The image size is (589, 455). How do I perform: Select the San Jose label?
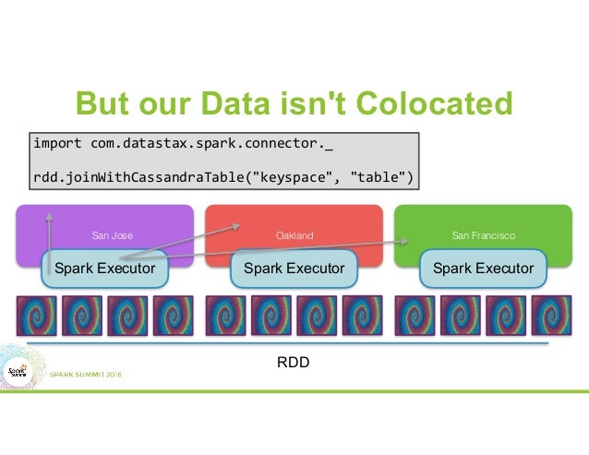pyautogui.click(x=112, y=235)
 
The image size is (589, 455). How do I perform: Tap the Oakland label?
pyautogui.click(x=294, y=235)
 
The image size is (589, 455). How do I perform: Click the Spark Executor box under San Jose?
pyautogui.click(x=104, y=269)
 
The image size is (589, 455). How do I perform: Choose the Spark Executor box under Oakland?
pyautogui.click(x=294, y=269)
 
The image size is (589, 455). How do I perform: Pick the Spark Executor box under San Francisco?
pyautogui.click(x=483, y=269)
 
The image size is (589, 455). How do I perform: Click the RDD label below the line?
pyautogui.click(x=294, y=362)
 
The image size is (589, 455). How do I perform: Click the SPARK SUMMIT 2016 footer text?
pyautogui.click(x=86, y=374)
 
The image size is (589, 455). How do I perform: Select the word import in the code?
pyautogui.click(x=57, y=144)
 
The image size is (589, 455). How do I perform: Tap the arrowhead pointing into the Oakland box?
pyautogui.click(x=240, y=222)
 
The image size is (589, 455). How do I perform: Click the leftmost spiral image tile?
pyautogui.click(x=35, y=316)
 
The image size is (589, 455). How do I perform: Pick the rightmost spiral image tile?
pyautogui.click(x=552, y=316)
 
